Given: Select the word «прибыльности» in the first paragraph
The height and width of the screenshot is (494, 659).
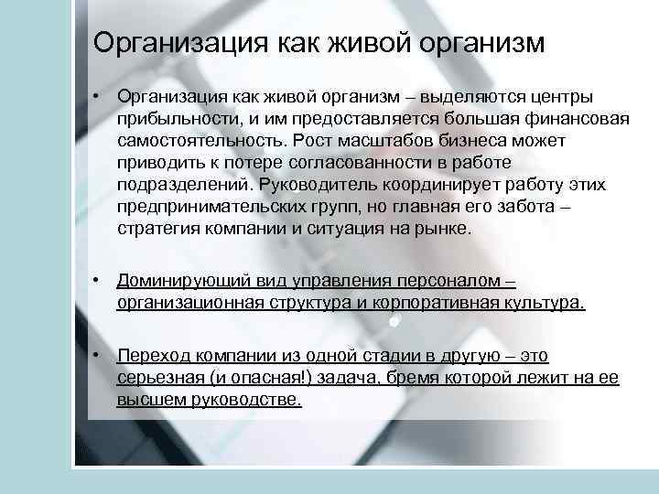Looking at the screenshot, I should click(164, 119).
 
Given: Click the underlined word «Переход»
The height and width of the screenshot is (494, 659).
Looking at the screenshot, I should click(150, 355).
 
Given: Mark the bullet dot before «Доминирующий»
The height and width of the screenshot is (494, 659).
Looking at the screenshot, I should click(96, 281).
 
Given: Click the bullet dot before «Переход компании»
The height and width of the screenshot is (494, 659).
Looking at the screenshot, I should click(96, 355).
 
